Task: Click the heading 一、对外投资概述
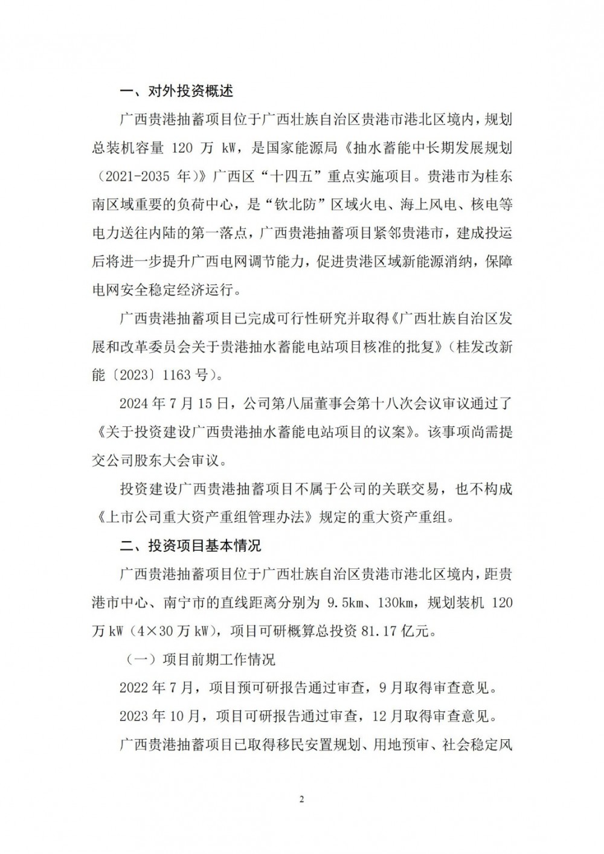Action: (176, 91)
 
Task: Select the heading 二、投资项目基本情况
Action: (190, 545)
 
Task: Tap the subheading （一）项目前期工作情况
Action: (200, 659)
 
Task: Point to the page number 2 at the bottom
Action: (302, 800)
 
